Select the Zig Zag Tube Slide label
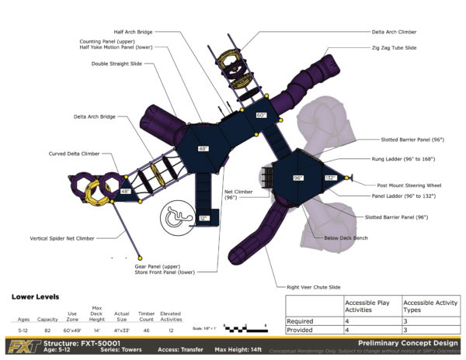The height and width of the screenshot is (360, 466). click(x=394, y=48)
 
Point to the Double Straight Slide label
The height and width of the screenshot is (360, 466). click(x=116, y=64)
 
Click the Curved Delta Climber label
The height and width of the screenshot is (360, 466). click(x=74, y=154)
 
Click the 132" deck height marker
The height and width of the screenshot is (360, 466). click(x=329, y=178)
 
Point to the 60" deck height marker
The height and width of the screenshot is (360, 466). click(x=261, y=115)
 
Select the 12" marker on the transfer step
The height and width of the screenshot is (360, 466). click(x=203, y=219)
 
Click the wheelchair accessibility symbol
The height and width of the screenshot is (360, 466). click(x=179, y=220)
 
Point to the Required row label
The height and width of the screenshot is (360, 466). click(x=300, y=320)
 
